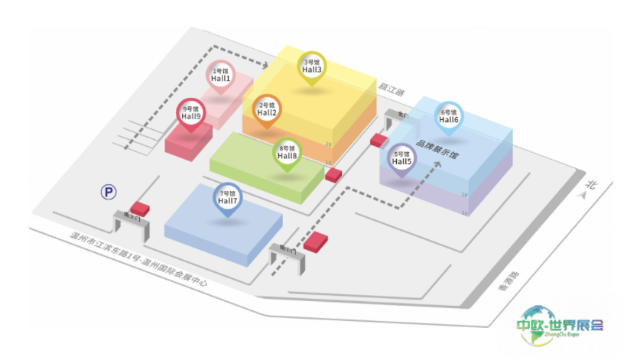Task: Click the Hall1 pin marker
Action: click(x=221, y=76)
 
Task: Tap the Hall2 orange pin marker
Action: click(x=268, y=111)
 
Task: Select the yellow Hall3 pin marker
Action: click(x=312, y=66)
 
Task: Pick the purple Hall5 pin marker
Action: click(x=402, y=159)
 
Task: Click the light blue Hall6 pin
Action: click(x=449, y=117)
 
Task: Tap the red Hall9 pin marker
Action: click(x=190, y=114)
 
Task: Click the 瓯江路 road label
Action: click(x=391, y=90)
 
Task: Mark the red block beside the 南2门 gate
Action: click(x=140, y=208)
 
